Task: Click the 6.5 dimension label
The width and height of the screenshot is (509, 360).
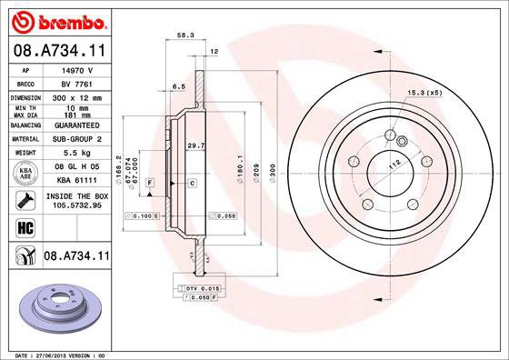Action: tap(179, 86)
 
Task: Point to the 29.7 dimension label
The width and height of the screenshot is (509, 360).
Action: tap(194, 145)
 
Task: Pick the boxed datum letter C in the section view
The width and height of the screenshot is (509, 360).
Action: tap(193, 184)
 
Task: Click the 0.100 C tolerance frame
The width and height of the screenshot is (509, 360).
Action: tap(144, 215)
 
